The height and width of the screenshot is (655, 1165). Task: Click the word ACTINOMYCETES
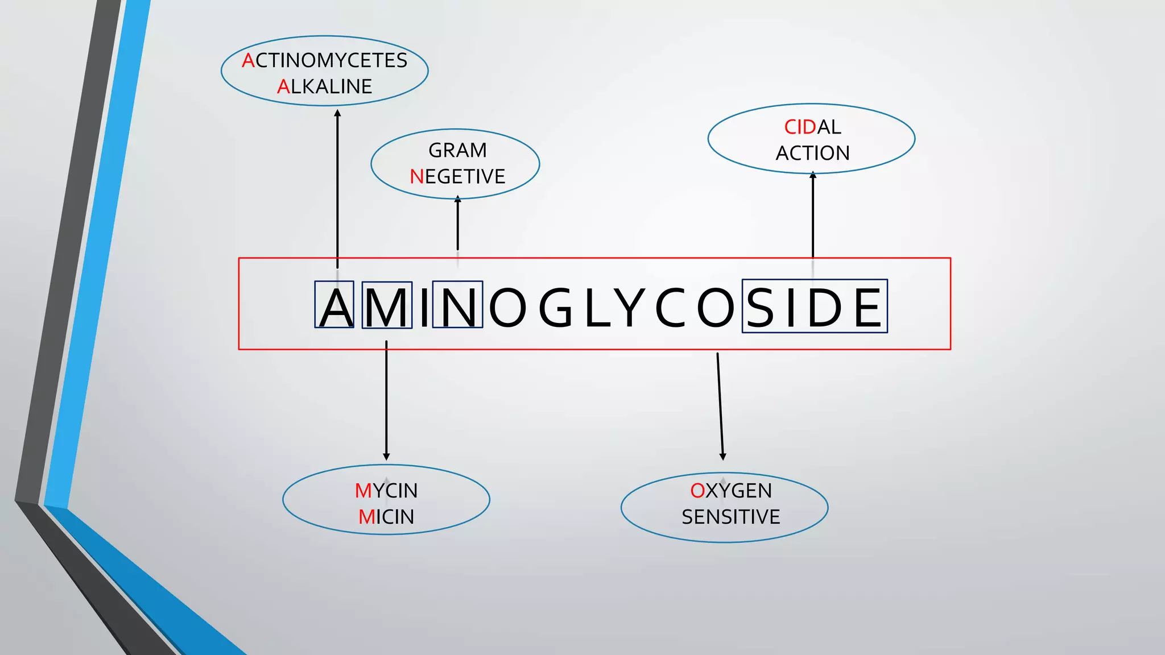pos(324,60)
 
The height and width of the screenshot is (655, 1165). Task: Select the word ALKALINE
pos(324,86)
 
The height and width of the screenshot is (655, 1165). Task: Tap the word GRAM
pos(457,150)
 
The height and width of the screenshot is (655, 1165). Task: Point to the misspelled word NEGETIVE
pos(457,177)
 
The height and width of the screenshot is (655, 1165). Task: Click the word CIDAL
pos(812,127)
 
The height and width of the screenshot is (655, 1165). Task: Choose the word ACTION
pos(812,153)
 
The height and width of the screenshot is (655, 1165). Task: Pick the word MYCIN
pos(386,491)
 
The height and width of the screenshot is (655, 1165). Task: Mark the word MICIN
pos(386,517)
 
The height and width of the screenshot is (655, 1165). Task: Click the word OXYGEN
pos(731,491)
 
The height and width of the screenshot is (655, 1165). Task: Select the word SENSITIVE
pos(731,517)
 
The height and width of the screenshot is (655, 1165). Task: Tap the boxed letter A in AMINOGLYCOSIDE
pos(335,307)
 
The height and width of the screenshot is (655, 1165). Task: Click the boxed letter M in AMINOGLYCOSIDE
pos(387,307)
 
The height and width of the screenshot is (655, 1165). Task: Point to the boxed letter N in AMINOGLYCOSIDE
pos(457,307)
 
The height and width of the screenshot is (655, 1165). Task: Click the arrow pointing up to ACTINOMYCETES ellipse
pos(337,188)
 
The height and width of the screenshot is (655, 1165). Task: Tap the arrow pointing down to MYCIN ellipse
pos(386,401)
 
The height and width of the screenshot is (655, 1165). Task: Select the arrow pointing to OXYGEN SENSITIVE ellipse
pos(720,407)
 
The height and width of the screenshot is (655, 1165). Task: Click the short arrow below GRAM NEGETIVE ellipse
pos(457,223)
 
